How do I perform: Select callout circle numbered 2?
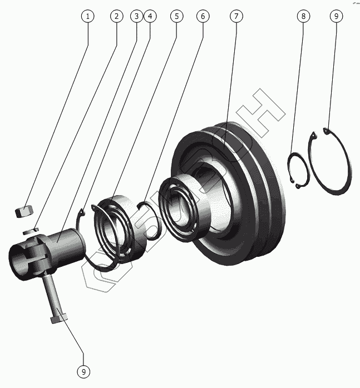[116, 16]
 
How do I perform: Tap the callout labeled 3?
[137, 16]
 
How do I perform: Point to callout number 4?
[149, 16]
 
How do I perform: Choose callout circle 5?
[176, 16]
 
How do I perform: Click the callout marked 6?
[203, 16]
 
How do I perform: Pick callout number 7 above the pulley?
[236, 16]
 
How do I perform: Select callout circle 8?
[303, 16]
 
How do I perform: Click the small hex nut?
[24, 211]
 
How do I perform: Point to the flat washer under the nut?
[31, 228]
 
